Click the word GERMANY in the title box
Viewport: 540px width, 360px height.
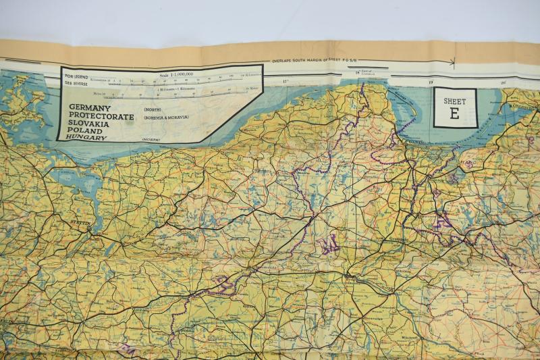click(90, 108)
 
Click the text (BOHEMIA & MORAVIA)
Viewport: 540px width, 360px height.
click(165, 118)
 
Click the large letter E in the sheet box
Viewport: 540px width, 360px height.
click(454, 113)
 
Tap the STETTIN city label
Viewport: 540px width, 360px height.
click(80, 220)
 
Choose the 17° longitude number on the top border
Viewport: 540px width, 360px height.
click(285, 82)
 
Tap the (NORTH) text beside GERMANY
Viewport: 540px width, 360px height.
click(152, 109)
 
